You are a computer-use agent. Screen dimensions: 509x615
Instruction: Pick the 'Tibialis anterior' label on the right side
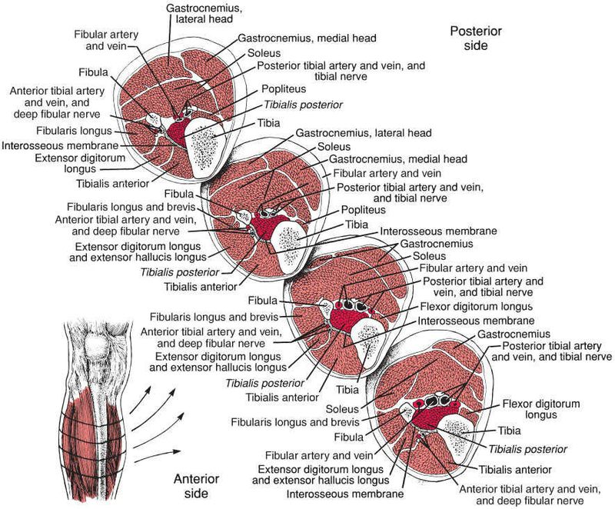[515, 468]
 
